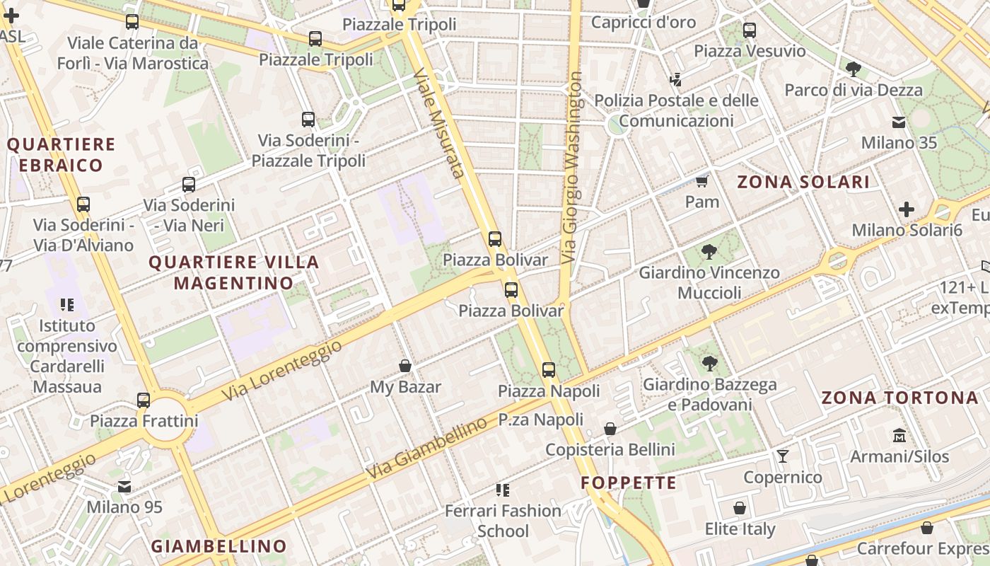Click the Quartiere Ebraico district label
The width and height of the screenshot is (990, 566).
point(61,155)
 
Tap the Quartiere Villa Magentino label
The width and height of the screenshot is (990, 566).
point(234,272)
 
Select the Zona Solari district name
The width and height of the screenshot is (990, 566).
point(803,182)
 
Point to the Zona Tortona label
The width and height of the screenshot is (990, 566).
point(899,398)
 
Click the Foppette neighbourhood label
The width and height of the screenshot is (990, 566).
point(629,483)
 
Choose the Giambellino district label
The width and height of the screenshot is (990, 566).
point(219,546)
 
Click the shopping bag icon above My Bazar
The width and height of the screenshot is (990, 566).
point(405,366)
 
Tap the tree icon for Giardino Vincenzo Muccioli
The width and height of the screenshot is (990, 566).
point(709,252)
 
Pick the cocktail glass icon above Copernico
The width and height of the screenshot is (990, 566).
point(782,456)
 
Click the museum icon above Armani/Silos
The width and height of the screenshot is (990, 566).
point(899,435)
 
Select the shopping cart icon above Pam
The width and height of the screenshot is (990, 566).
point(701,182)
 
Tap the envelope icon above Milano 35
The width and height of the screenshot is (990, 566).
point(899,122)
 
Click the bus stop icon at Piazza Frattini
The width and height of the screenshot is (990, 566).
point(144,400)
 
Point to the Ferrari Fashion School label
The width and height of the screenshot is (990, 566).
point(503,520)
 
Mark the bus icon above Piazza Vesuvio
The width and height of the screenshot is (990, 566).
point(750,30)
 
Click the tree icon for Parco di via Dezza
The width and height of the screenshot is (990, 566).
point(853,69)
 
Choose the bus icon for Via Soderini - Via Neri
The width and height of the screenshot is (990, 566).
point(189,185)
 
